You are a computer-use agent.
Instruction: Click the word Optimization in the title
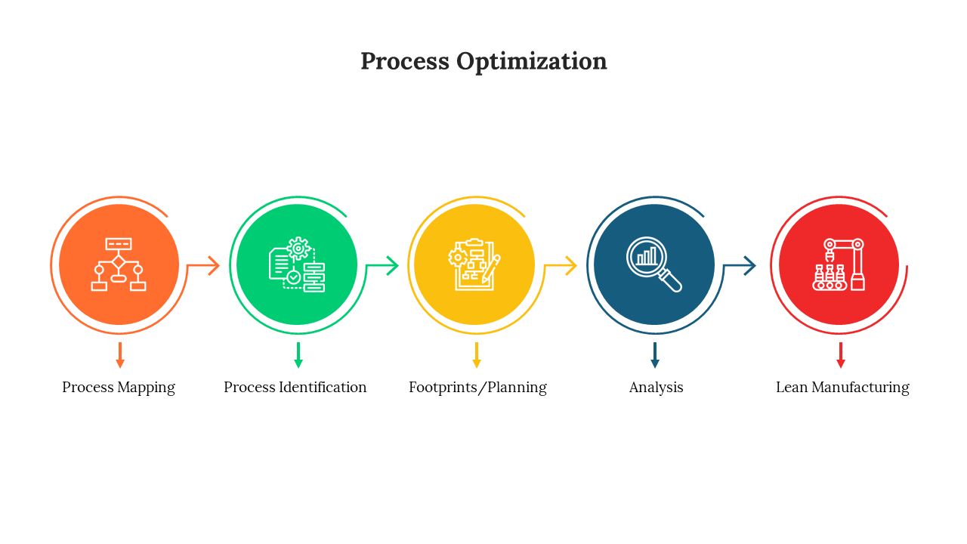(531, 62)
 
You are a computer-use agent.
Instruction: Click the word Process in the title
(405, 61)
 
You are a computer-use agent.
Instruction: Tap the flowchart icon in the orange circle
(119, 264)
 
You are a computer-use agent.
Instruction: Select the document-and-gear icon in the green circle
(297, 264)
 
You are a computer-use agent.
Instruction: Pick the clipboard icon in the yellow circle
(474, 264)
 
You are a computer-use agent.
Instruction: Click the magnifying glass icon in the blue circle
(654, 264)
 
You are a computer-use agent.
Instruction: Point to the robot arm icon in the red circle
(839, 264)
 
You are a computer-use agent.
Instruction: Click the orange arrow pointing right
(204, 265)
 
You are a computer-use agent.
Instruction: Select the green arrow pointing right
(382, 265)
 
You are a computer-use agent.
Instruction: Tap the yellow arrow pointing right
(561, 265)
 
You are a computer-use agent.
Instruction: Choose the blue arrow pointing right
(740, 265)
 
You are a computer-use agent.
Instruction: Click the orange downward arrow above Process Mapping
(120, 355)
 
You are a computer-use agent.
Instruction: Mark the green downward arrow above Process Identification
(298, 355)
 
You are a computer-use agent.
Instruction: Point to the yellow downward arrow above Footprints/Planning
(477, 355)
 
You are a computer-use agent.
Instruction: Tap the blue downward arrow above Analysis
(655, 355)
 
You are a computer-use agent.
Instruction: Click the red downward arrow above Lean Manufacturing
(841, 355)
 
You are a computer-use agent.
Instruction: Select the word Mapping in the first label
(147, 388)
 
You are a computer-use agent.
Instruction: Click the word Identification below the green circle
(323, 388)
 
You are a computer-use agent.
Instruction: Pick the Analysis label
(657, 388)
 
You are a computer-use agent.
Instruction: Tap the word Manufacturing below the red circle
(860, 388)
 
